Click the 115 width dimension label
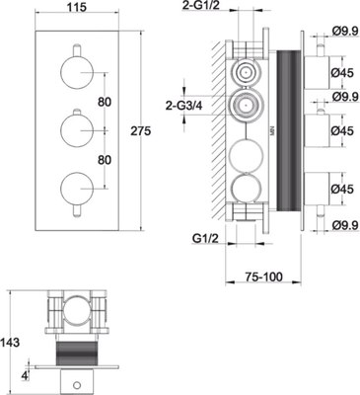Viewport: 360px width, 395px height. tap(78, 7)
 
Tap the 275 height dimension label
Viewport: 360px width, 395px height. tap(141, 131)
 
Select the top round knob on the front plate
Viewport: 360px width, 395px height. tap(77, 72)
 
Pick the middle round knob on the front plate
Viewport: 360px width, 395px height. tap(77, 130)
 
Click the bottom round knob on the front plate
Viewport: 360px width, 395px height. tap(77, 189)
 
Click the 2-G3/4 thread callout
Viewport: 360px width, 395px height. tap(184, 106)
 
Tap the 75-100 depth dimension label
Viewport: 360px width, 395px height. tap(263, 277)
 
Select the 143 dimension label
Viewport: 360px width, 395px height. tap(10, 343)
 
